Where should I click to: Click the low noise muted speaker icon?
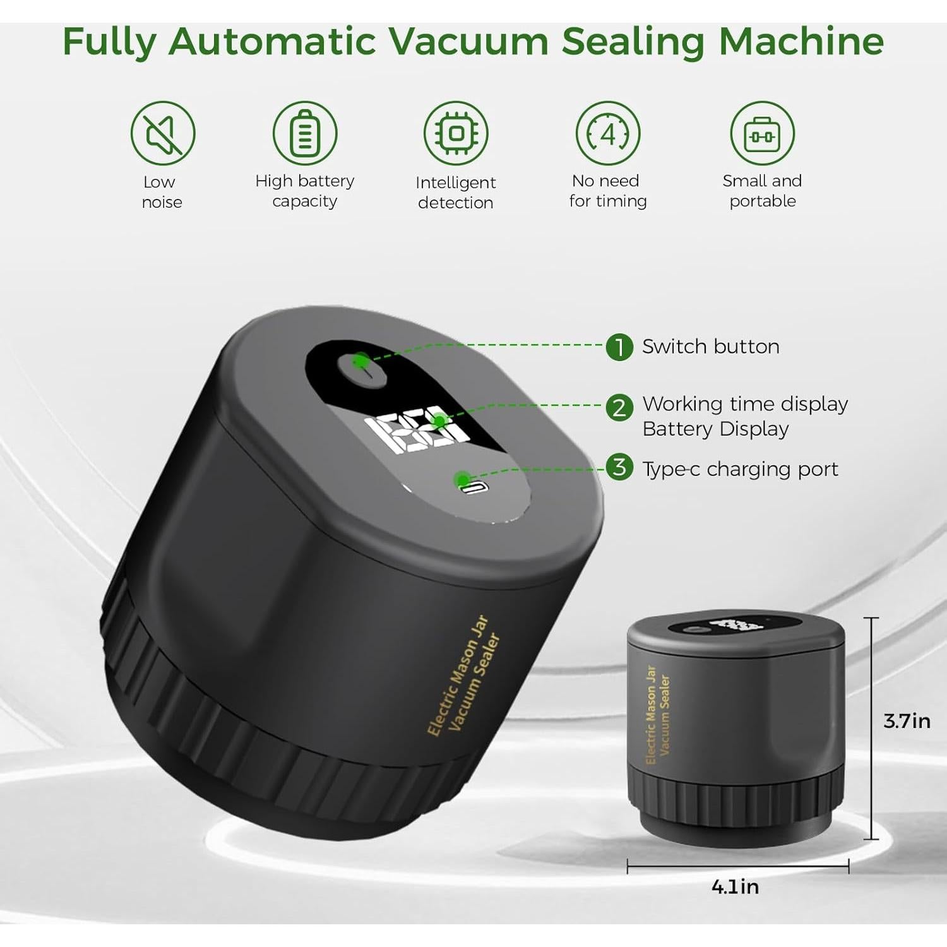click(163, 133)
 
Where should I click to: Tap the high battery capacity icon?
click(305, 133)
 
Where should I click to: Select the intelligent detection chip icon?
click(456, 133)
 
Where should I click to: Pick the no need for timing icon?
click(607, 133)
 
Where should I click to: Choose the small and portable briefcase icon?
click(762, 133)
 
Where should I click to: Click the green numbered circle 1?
click(619, 347)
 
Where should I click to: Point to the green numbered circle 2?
click(619, 408)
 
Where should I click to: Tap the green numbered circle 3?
click(619, 468)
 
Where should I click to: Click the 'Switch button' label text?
click(710, 347)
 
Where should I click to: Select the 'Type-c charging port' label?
click(740, 469)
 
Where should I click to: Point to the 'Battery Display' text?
click(715, 429)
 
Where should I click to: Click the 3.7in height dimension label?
click(907, 721)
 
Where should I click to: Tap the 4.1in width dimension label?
click(735, 887)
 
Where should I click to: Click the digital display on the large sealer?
click(417, 432)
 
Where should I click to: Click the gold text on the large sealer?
click(464, 676)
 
